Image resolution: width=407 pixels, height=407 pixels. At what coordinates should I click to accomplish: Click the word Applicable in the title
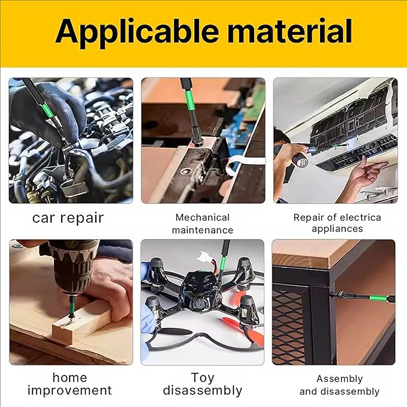[x=137, y=31]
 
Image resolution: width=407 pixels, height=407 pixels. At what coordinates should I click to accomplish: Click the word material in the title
[x=290, y=31]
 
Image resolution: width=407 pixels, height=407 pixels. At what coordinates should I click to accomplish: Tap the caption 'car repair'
[x=68, y=218]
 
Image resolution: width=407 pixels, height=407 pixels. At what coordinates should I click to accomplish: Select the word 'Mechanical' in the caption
[x=203, y=217]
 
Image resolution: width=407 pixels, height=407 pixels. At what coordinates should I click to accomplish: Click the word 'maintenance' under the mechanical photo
[x=203, y=230]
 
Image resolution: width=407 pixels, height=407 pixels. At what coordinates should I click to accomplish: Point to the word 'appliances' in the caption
[x=337, y=229]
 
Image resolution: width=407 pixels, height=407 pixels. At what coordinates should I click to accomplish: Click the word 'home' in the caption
[x=70, y=378]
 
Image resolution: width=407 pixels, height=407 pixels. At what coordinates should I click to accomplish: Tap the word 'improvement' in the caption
[x=70, y=390]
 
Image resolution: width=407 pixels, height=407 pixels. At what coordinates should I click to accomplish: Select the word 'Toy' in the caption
[x=203, y=378]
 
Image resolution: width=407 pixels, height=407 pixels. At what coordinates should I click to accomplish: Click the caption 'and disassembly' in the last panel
[x=339, y=391]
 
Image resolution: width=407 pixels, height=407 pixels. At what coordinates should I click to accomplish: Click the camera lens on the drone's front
[x=200, y=304]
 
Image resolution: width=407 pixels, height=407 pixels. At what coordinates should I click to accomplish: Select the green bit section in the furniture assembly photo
[x=377, y=298]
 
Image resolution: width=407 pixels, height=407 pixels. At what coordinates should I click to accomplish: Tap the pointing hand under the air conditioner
[x=368, y=172]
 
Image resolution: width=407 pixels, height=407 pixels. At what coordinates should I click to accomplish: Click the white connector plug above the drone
[x=205, y=257]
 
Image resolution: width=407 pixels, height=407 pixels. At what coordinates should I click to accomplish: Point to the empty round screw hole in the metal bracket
[x=185, y=171]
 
